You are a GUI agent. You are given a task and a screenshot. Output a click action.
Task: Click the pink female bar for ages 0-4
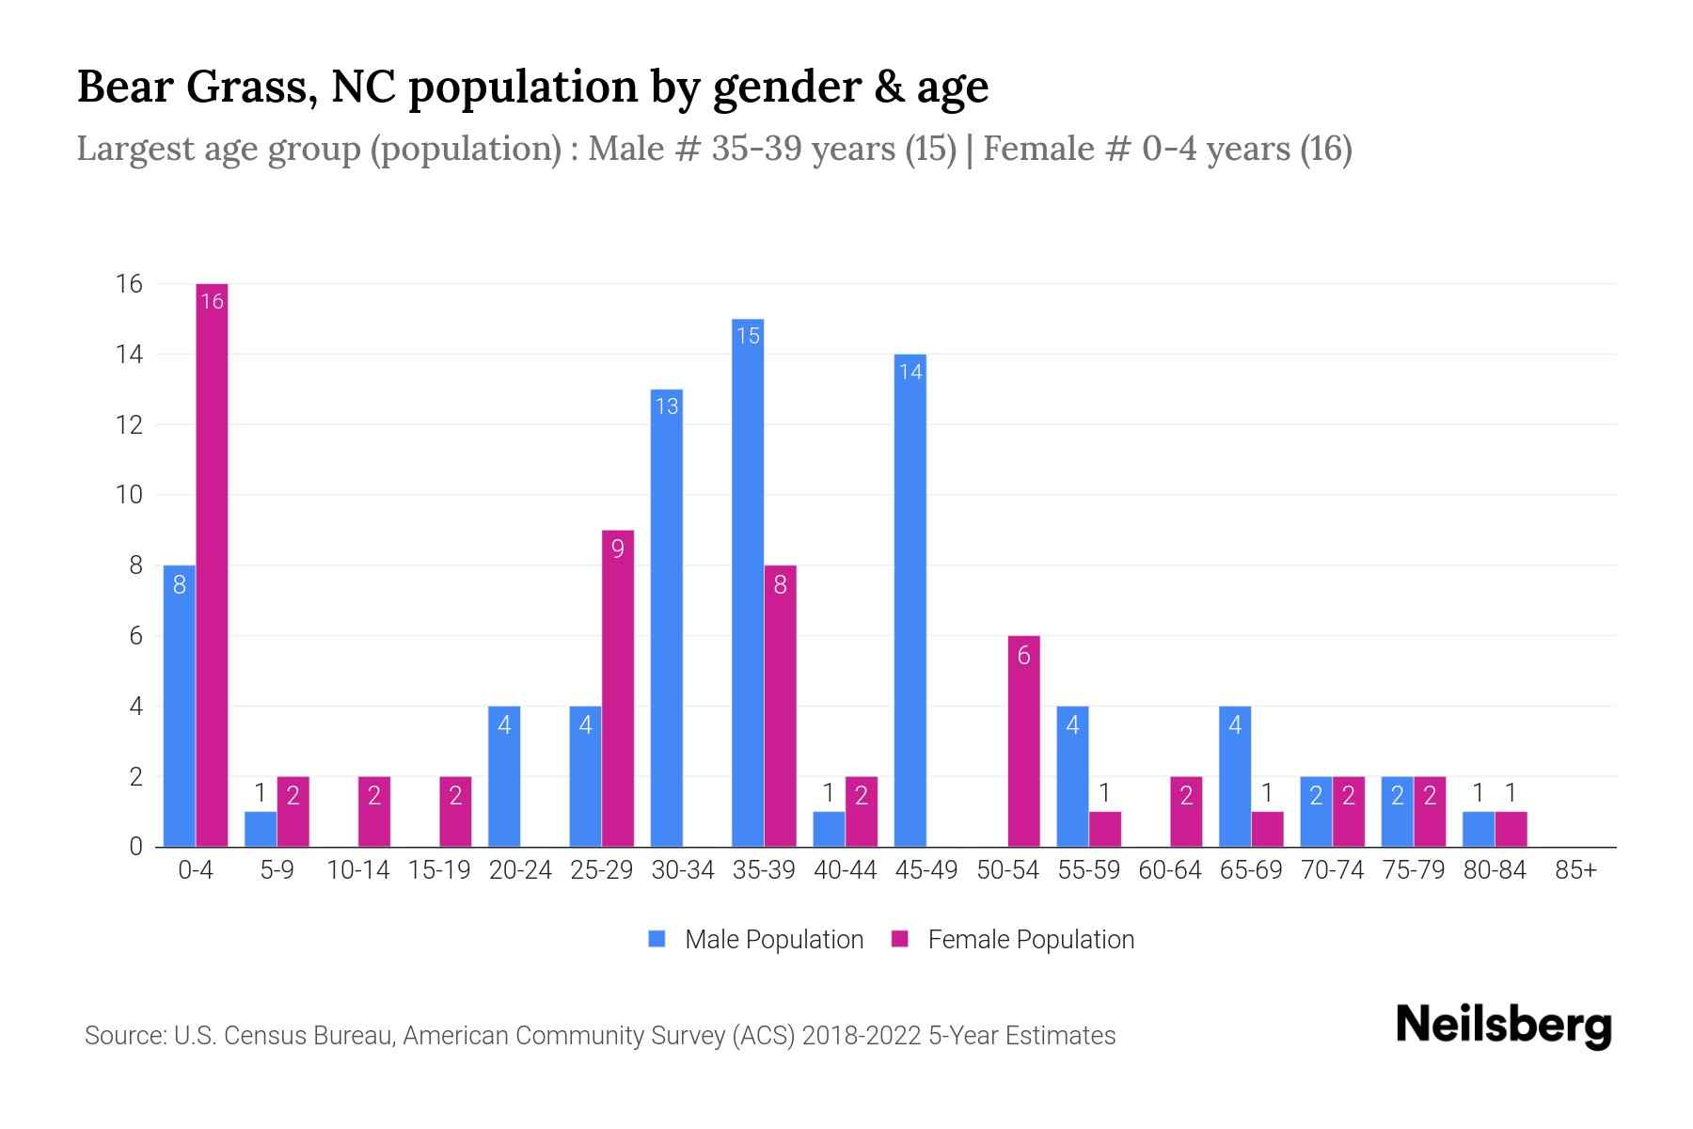click(x=212, y=564)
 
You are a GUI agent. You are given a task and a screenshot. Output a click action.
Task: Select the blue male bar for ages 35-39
click(x=748, y=583)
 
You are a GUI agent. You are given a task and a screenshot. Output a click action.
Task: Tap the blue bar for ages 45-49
click(x=910, y=602)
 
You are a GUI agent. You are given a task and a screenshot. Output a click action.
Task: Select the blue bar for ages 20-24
click(x=504, y=776)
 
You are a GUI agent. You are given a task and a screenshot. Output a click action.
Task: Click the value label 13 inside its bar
click(x=666, y=406)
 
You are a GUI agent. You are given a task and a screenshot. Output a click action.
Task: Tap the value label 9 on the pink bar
click(x=617, y=549)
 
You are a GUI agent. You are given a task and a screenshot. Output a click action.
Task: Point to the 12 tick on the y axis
click(x=129, y=424)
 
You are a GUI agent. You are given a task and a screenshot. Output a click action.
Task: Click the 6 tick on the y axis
click(x=135, y=636)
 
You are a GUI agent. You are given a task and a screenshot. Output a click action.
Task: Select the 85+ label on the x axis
click(x=1575, y=870)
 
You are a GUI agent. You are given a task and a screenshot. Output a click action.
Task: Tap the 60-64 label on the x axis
click(x=1169, y=870)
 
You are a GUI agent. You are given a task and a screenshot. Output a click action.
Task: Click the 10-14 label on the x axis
click(x=357, y=870)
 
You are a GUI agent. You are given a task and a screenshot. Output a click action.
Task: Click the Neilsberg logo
click(x=1503, y=1026)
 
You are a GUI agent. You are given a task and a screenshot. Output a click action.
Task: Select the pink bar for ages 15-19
click(x=455, y=811)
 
